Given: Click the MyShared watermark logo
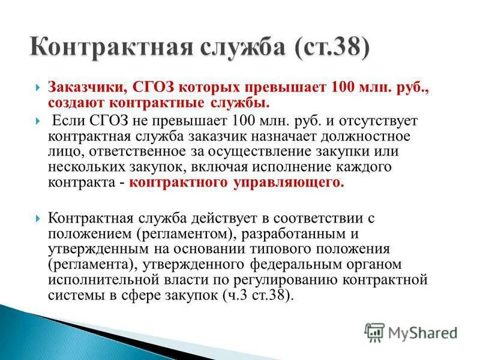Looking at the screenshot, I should tap(411, 332).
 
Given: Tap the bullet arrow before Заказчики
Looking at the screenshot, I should tap(38, 88).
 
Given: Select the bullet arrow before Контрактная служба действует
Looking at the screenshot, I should tap(38, 217).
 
